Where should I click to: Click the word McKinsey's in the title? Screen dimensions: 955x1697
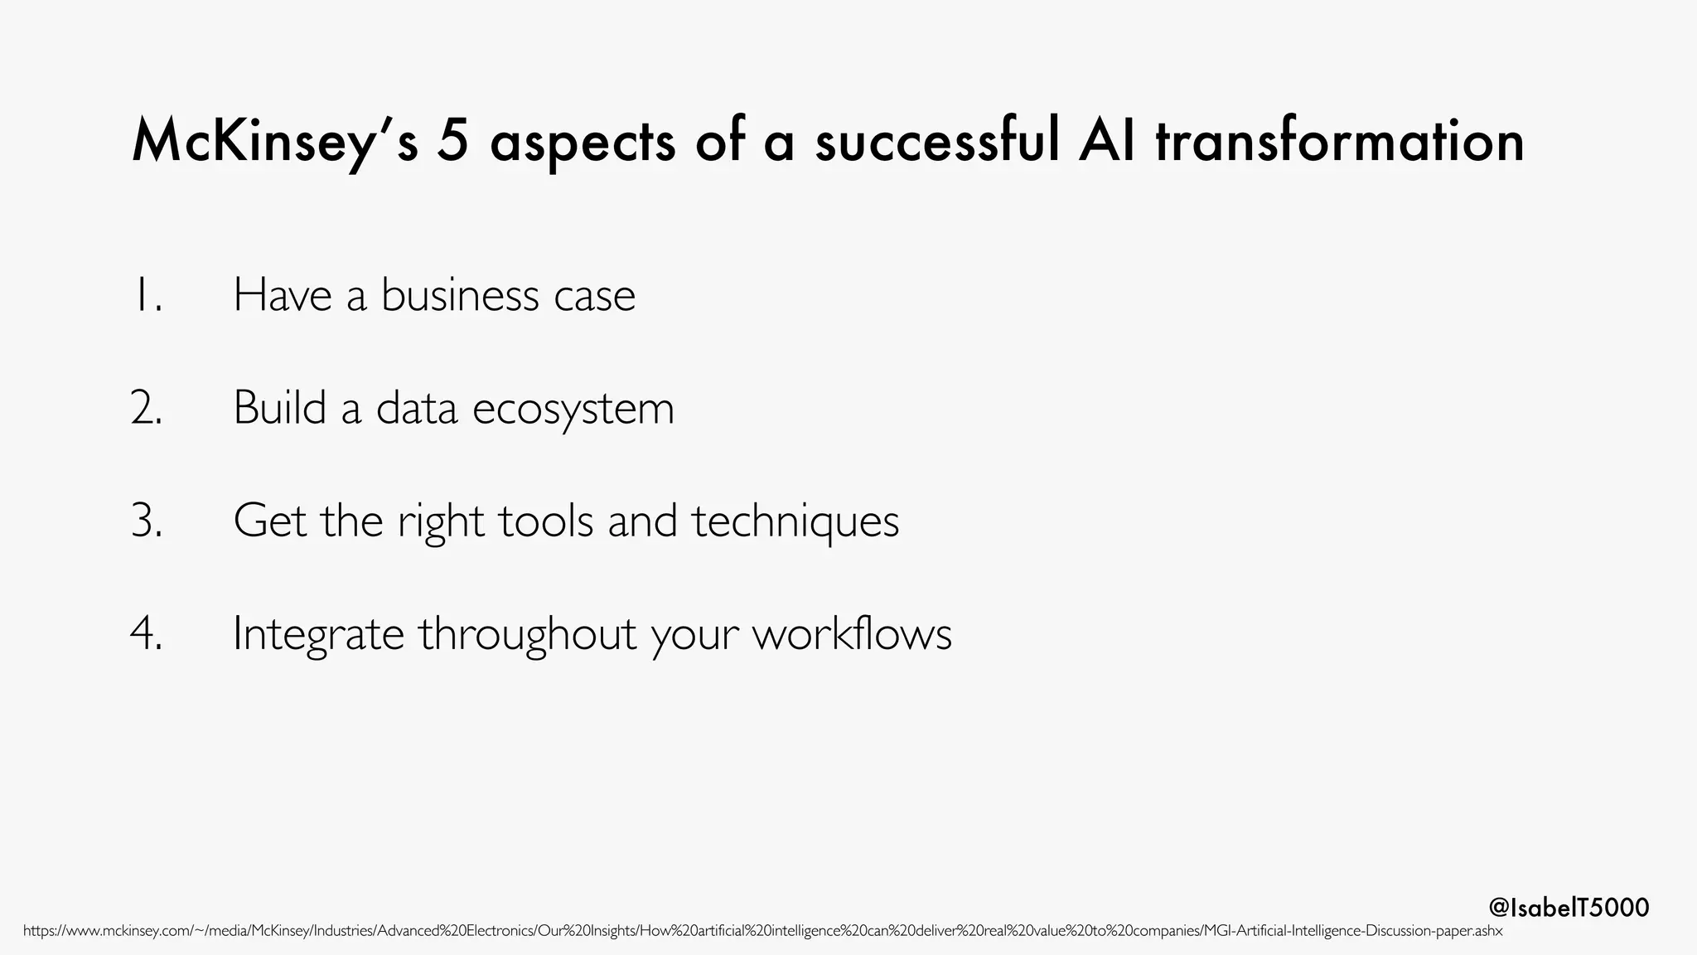pos(274,142)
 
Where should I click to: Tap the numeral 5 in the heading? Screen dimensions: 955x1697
pos(453,142)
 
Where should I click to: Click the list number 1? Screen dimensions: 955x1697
pos(147,295)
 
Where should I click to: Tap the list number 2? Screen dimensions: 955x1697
pos(147,408)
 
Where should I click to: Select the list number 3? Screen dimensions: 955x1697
pos(147,521)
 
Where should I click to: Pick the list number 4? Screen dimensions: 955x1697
pos(147,633)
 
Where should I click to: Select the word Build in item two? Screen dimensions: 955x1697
pos(279,408)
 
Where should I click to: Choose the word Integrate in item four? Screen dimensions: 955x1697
pos(317,635)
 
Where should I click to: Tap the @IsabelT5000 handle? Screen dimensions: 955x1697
pos(1569,908)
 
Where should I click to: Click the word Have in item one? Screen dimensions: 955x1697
pos(283,295)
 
